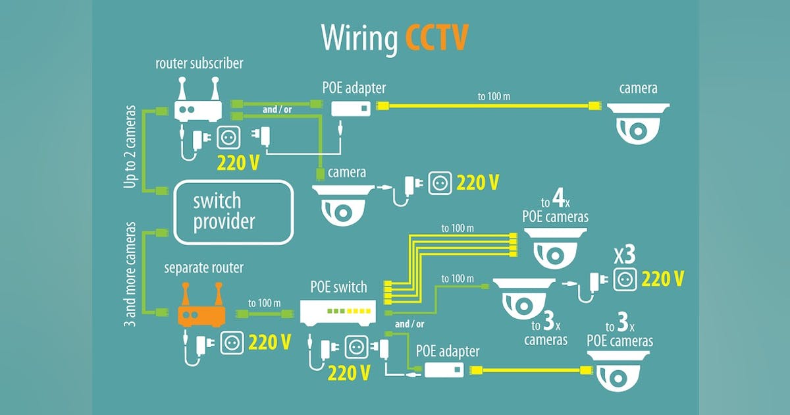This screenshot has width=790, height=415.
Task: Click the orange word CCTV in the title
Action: click(436, 38)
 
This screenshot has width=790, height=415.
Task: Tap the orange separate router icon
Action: click(201, 310)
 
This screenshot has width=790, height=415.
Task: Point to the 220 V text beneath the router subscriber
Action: click(238, 161)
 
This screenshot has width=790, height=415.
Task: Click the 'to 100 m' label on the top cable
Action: click(494, 97)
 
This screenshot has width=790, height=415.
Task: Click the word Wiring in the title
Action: click(359, 38)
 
